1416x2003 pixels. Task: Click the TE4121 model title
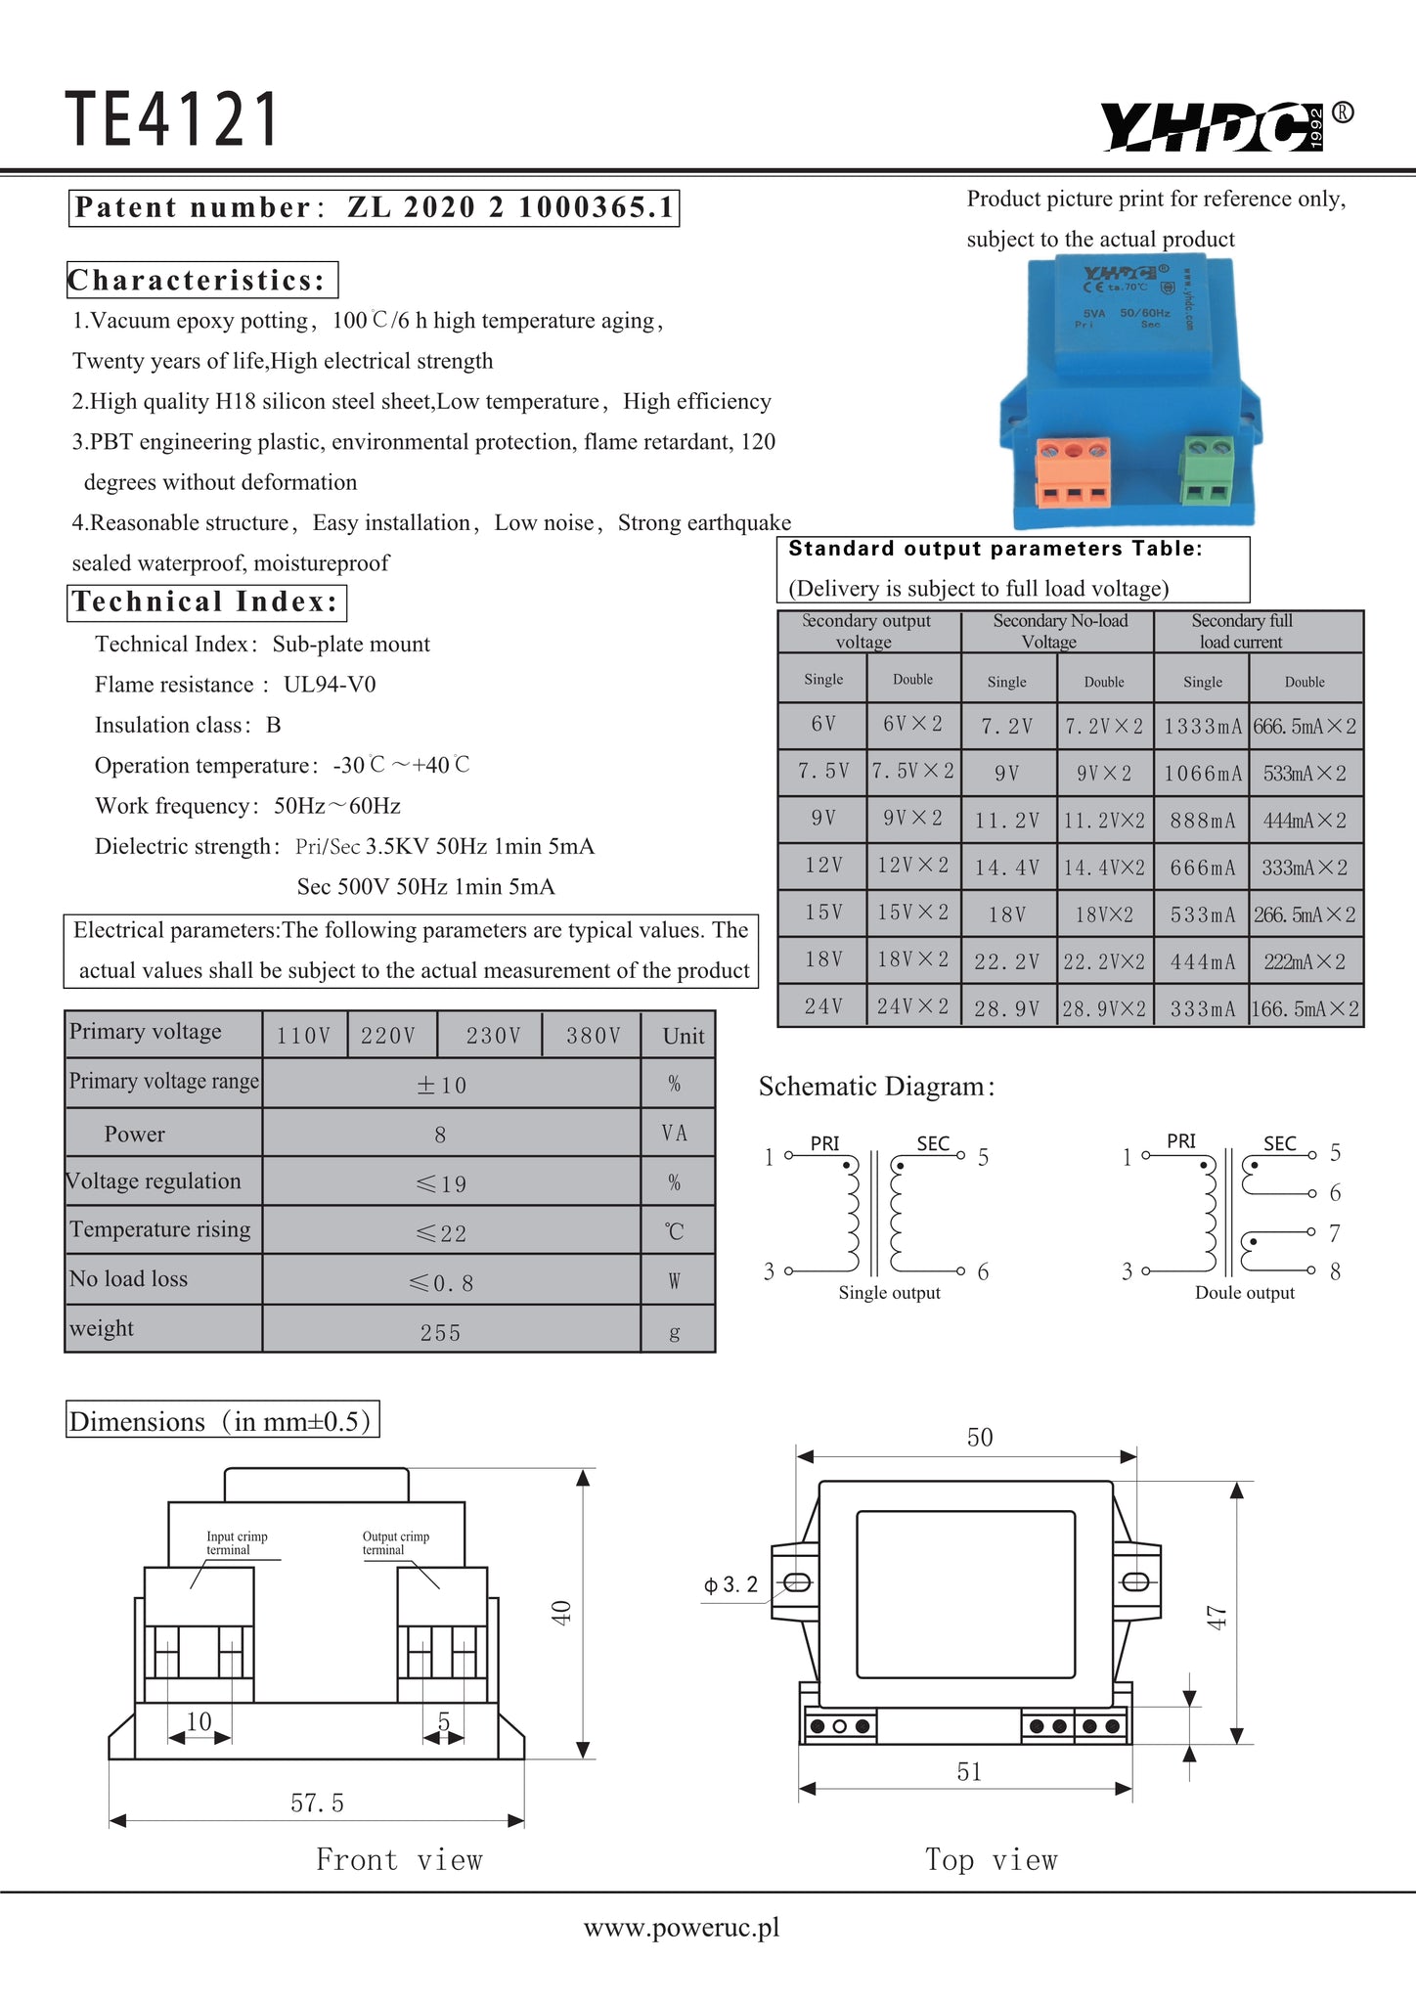(172, 119)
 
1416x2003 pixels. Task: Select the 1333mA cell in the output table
(1202, 727)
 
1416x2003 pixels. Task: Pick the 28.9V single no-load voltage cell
(1006, 1008)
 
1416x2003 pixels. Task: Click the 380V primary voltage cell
(593, 1036)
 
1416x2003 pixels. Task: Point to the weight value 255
(440, 1333)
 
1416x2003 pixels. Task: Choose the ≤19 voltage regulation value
(441, 1184)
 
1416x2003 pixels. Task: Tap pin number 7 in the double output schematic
(1334, 1233)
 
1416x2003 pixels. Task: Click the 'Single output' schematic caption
(889, 1293)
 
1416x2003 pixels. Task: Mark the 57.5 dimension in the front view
(317, 1803)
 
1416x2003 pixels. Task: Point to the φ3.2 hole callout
(730, 1584)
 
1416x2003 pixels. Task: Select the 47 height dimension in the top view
(1217, 1617)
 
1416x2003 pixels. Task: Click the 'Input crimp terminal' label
(236, 1542)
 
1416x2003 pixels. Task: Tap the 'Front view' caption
(399, 1860)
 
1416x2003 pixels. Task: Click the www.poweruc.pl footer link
(682, 1928)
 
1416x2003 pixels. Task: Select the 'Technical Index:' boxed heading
(206, 601)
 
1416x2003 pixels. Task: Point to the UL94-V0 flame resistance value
(330, 685)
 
